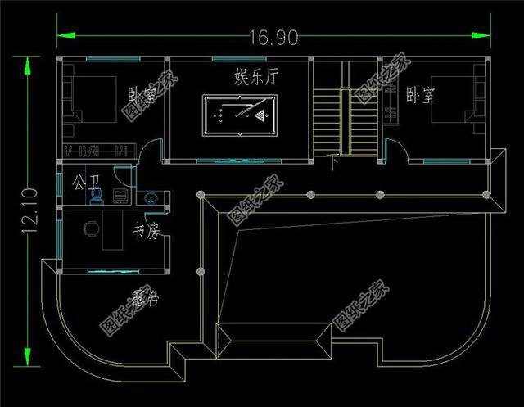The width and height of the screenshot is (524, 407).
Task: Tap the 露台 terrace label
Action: point(143,299)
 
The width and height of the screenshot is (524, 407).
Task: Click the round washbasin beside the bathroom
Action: point(150,197)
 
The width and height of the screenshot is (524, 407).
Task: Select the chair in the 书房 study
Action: point(90,228)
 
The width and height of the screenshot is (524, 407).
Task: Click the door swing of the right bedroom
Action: point(394,147)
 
